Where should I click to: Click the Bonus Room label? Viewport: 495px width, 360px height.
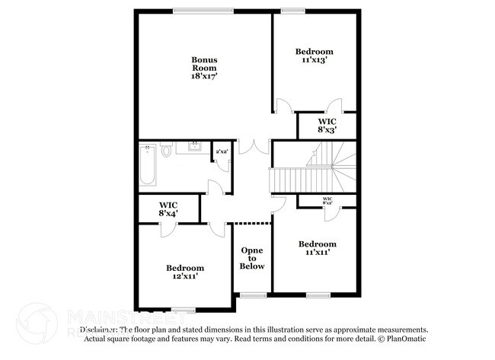tap(204, 64)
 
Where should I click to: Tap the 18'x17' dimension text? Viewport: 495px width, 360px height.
tap(204, 76)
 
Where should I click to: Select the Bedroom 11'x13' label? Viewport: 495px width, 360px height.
tap(315, 56)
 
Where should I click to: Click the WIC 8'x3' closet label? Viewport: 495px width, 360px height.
tap(327, 125)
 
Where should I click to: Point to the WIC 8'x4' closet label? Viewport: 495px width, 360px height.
tap(168, 209)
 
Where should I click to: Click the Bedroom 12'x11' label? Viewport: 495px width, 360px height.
tap(185, 272)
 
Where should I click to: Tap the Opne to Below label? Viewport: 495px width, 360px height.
tap(252, 258)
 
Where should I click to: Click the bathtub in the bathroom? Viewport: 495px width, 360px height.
tap(148, 166)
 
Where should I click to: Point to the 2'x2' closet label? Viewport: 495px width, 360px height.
tap(222, 152)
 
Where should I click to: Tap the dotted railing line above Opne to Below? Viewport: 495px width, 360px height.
tap(252, 222)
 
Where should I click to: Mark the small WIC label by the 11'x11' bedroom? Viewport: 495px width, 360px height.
tap(327, 201)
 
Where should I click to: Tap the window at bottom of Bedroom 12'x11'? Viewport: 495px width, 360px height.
tap(183, 308)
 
